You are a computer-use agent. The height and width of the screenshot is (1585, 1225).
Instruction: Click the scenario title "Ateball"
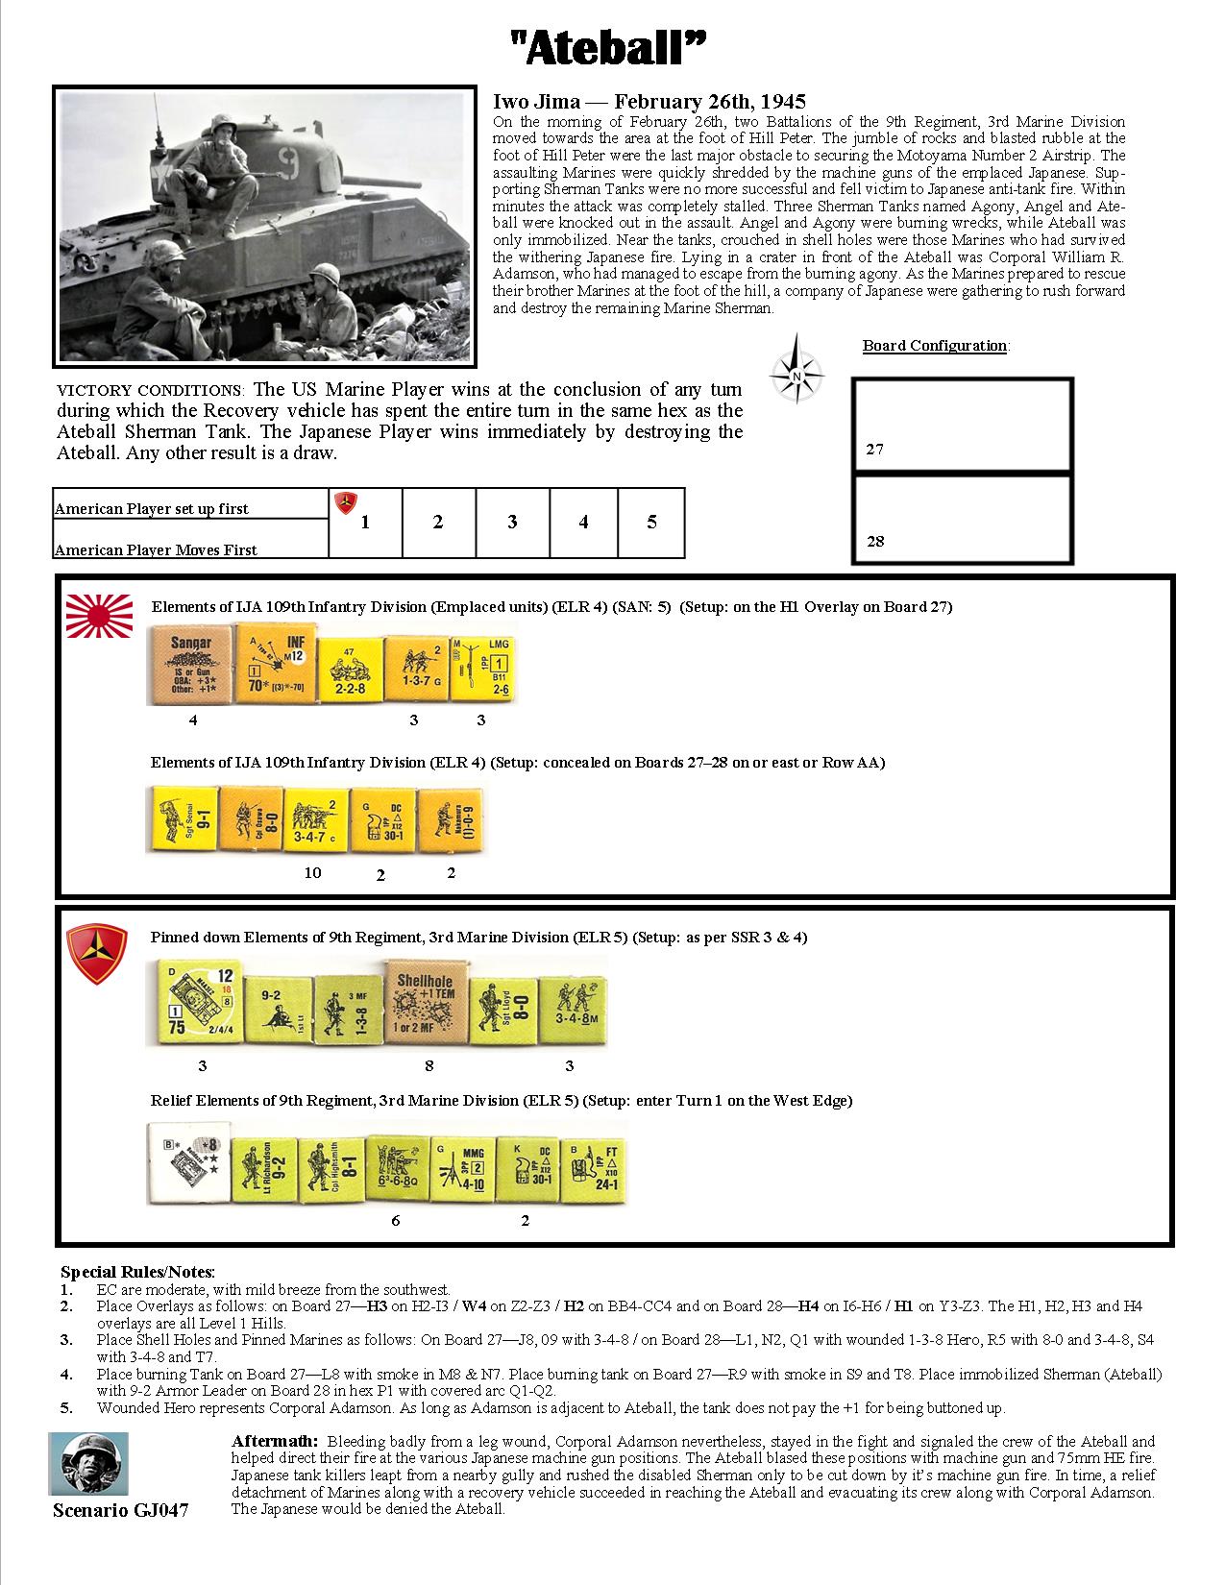point(612,48)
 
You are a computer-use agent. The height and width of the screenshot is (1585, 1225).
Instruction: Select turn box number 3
point(512,522)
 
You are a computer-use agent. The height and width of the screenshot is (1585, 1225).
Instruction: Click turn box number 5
point(651,522)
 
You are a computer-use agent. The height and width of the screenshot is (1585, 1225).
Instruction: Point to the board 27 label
point(874,449)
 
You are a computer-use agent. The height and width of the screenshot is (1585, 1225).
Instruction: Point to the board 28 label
point(874,541)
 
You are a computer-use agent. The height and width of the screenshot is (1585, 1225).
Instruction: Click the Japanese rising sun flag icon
point(100,616)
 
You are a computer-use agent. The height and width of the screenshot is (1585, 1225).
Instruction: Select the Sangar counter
point(190,663)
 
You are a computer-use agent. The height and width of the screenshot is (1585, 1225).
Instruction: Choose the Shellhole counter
point(426,1002)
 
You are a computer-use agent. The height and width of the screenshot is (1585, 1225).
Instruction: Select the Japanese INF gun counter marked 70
point(274,663)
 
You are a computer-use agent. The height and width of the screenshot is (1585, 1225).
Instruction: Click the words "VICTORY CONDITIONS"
point(151,391)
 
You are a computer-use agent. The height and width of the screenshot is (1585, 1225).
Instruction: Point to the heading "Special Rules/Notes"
point(137,1271)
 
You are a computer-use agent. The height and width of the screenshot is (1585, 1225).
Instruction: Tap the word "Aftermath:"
point(275,1441)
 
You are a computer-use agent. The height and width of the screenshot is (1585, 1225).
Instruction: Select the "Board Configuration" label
point(935,346)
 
